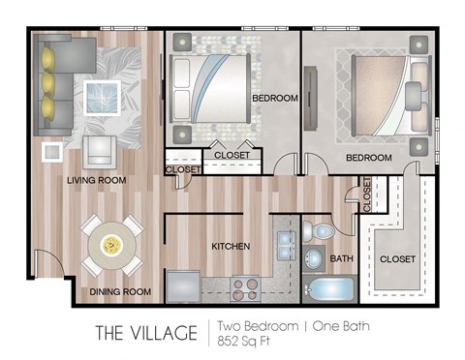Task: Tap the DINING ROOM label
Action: [x=121, y=291]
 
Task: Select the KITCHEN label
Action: [x=231, y=247]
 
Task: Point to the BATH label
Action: [x=342, y=258]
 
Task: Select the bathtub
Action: [x=328, y=289]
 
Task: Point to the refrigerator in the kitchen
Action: [x=183, y=286]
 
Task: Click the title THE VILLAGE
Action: [x=145, y=334]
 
